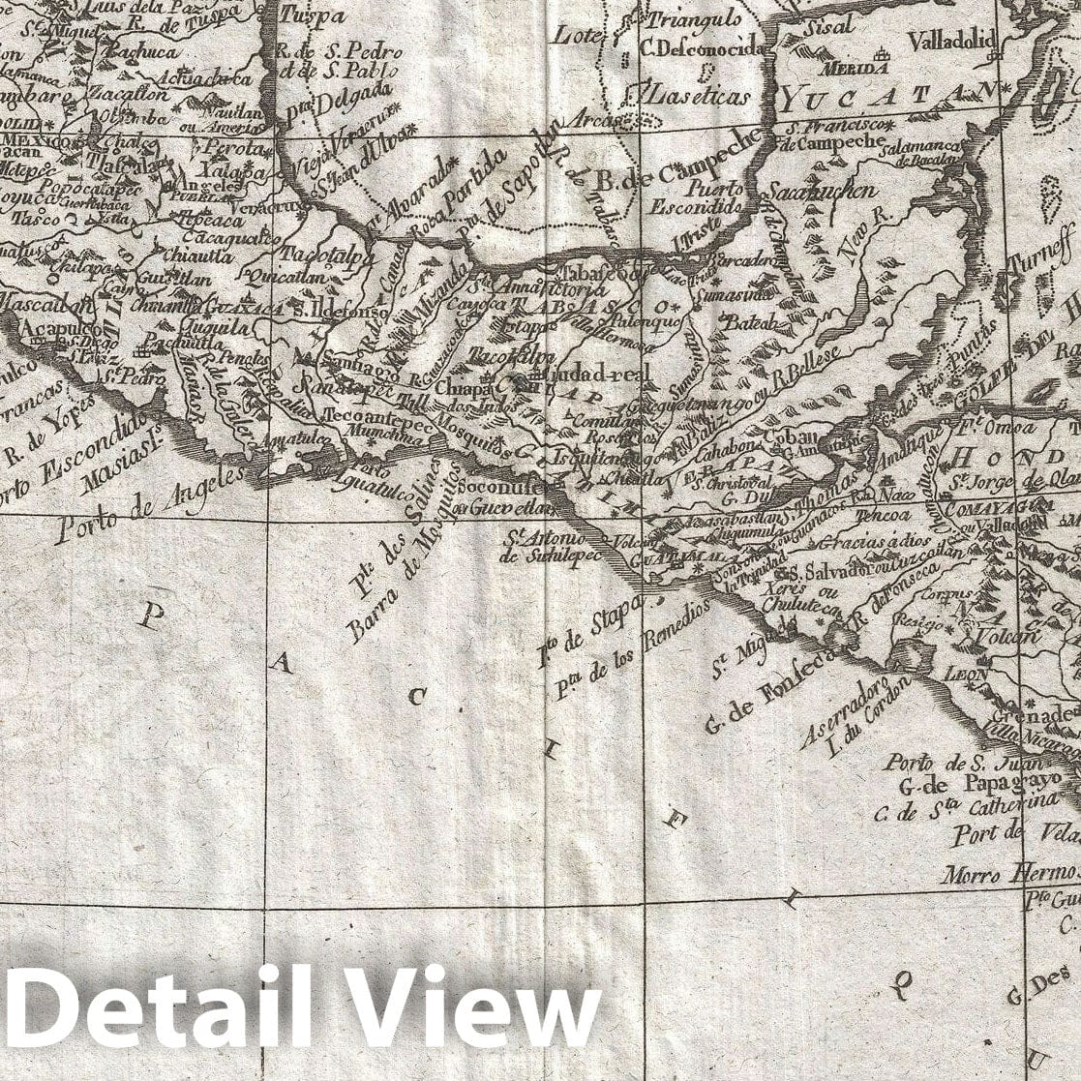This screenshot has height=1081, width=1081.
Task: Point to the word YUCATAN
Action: tap(889, 94)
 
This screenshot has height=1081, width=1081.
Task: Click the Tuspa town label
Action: tap(312, 16)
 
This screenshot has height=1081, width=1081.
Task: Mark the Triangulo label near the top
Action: tap(694, 19)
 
